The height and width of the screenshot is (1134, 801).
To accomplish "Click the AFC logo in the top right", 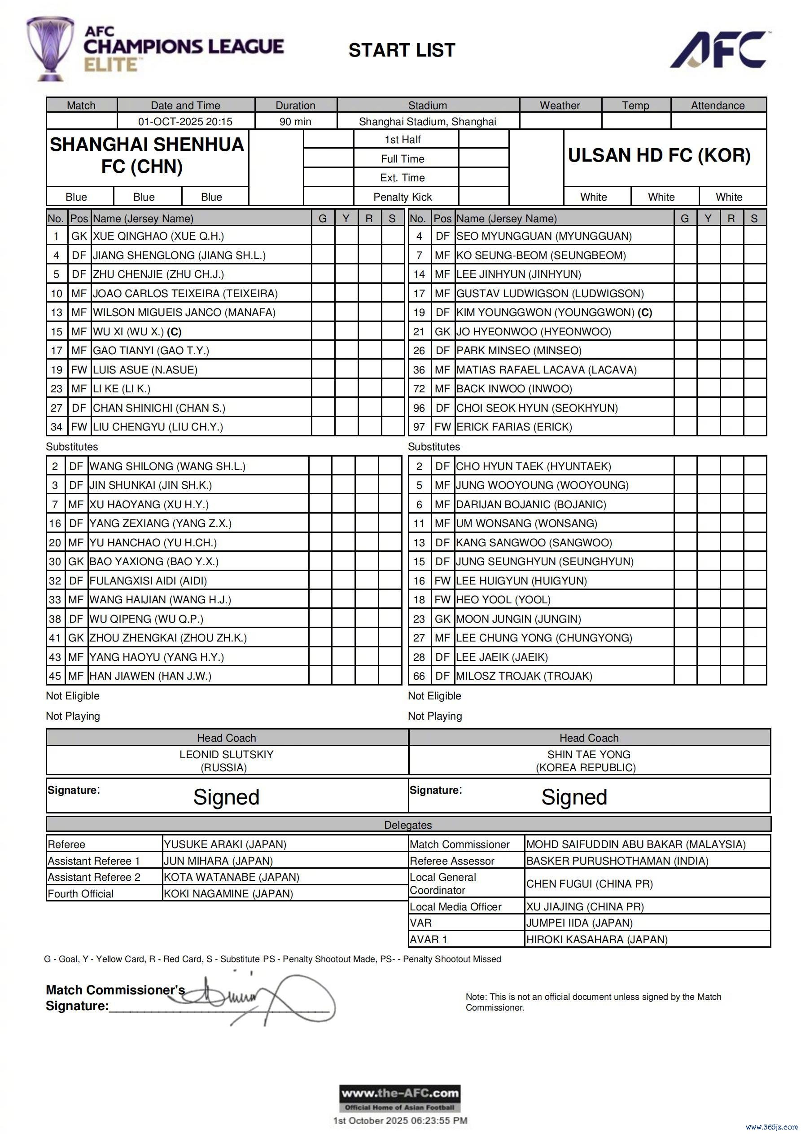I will [x=719, y=50].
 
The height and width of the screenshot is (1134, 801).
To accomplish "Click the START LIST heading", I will [x=402, y=50].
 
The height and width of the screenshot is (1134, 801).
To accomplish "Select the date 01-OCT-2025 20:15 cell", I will [x=185, y=122].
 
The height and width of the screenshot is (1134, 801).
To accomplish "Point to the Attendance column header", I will [x=718, y=105].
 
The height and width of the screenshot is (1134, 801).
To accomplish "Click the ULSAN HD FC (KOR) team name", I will [x=659, y=155].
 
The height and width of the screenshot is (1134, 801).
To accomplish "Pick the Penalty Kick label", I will [x=403, y=197].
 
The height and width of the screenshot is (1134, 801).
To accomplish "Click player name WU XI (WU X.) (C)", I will [x=137, y=331].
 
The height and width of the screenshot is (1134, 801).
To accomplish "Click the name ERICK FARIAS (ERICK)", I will [x=514, y=427].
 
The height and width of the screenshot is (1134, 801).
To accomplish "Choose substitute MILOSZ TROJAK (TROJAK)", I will [x=524, y=676].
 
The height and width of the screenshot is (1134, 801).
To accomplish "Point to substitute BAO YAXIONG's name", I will [x=153, y=561].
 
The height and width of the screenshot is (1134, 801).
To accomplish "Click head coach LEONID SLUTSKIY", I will [x=226, y=754].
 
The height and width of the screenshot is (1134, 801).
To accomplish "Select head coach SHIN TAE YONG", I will [x=589, y=754].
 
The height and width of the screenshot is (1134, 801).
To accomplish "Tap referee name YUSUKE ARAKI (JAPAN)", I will [x=225, y=844].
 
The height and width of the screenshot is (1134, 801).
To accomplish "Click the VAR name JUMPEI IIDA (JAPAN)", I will [x=579, y=923].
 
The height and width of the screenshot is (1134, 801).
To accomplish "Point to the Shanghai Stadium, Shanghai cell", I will [x=427, y=122].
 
